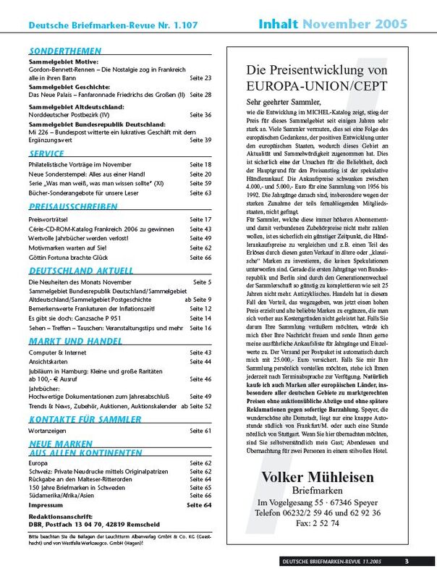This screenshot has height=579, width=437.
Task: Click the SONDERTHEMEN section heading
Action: [x=61, y=51]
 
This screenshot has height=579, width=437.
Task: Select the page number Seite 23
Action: [x=200, y=77]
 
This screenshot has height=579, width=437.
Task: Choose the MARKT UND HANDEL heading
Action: [x=69, y=340]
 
